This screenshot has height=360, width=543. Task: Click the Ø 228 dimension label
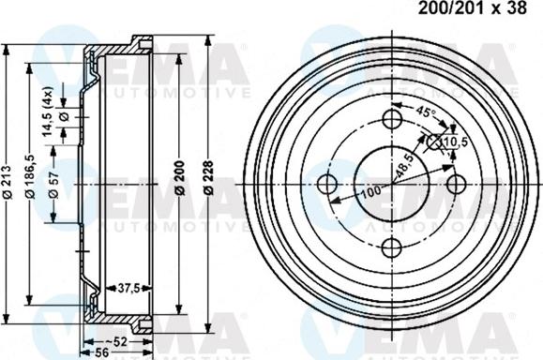click(x=207, y=178)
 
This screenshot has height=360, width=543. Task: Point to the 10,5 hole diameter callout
click(x=454, y=142)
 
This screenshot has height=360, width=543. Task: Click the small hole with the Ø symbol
click(x=434, y=141)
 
